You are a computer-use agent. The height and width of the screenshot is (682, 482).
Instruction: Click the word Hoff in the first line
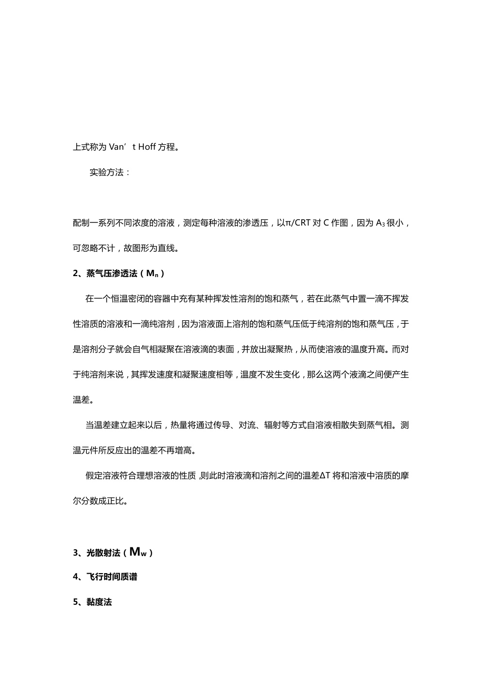pos(147,147)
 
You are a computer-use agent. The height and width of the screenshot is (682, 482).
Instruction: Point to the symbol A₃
pos(380,223)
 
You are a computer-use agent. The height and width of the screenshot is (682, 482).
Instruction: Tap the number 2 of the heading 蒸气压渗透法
pos(76,274)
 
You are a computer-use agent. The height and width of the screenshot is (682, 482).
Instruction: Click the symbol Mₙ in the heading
pos(153,274)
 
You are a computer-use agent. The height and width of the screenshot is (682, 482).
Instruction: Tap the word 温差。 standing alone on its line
pos(83,400)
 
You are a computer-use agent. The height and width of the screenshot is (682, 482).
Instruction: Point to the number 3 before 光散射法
pos(76,553)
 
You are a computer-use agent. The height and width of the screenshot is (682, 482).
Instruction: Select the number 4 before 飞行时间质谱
pos(76,577)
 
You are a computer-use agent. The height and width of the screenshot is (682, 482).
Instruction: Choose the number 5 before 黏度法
pos(76,602)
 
